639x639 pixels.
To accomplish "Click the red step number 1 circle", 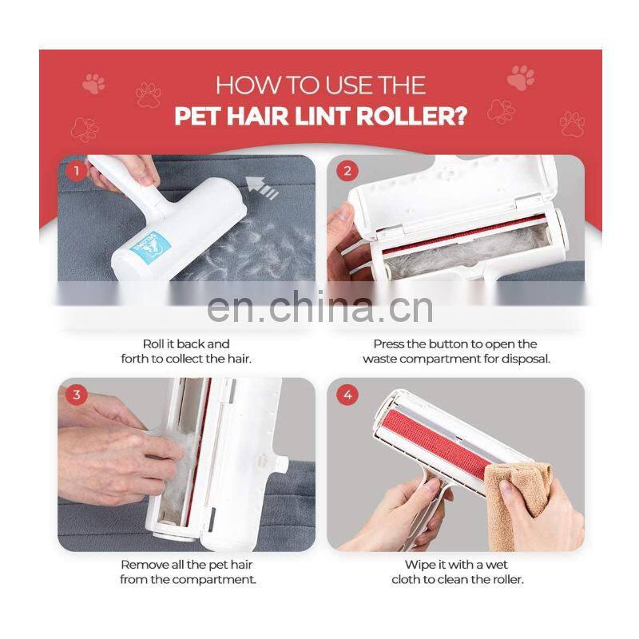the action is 76,170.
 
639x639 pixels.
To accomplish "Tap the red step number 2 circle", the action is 347,171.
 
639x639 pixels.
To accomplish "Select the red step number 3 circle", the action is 76,395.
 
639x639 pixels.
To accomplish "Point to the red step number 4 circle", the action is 347,395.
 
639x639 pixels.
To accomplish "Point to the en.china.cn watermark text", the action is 320,308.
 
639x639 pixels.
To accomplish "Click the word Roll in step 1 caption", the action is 153,344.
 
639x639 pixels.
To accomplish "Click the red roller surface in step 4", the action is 434,446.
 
